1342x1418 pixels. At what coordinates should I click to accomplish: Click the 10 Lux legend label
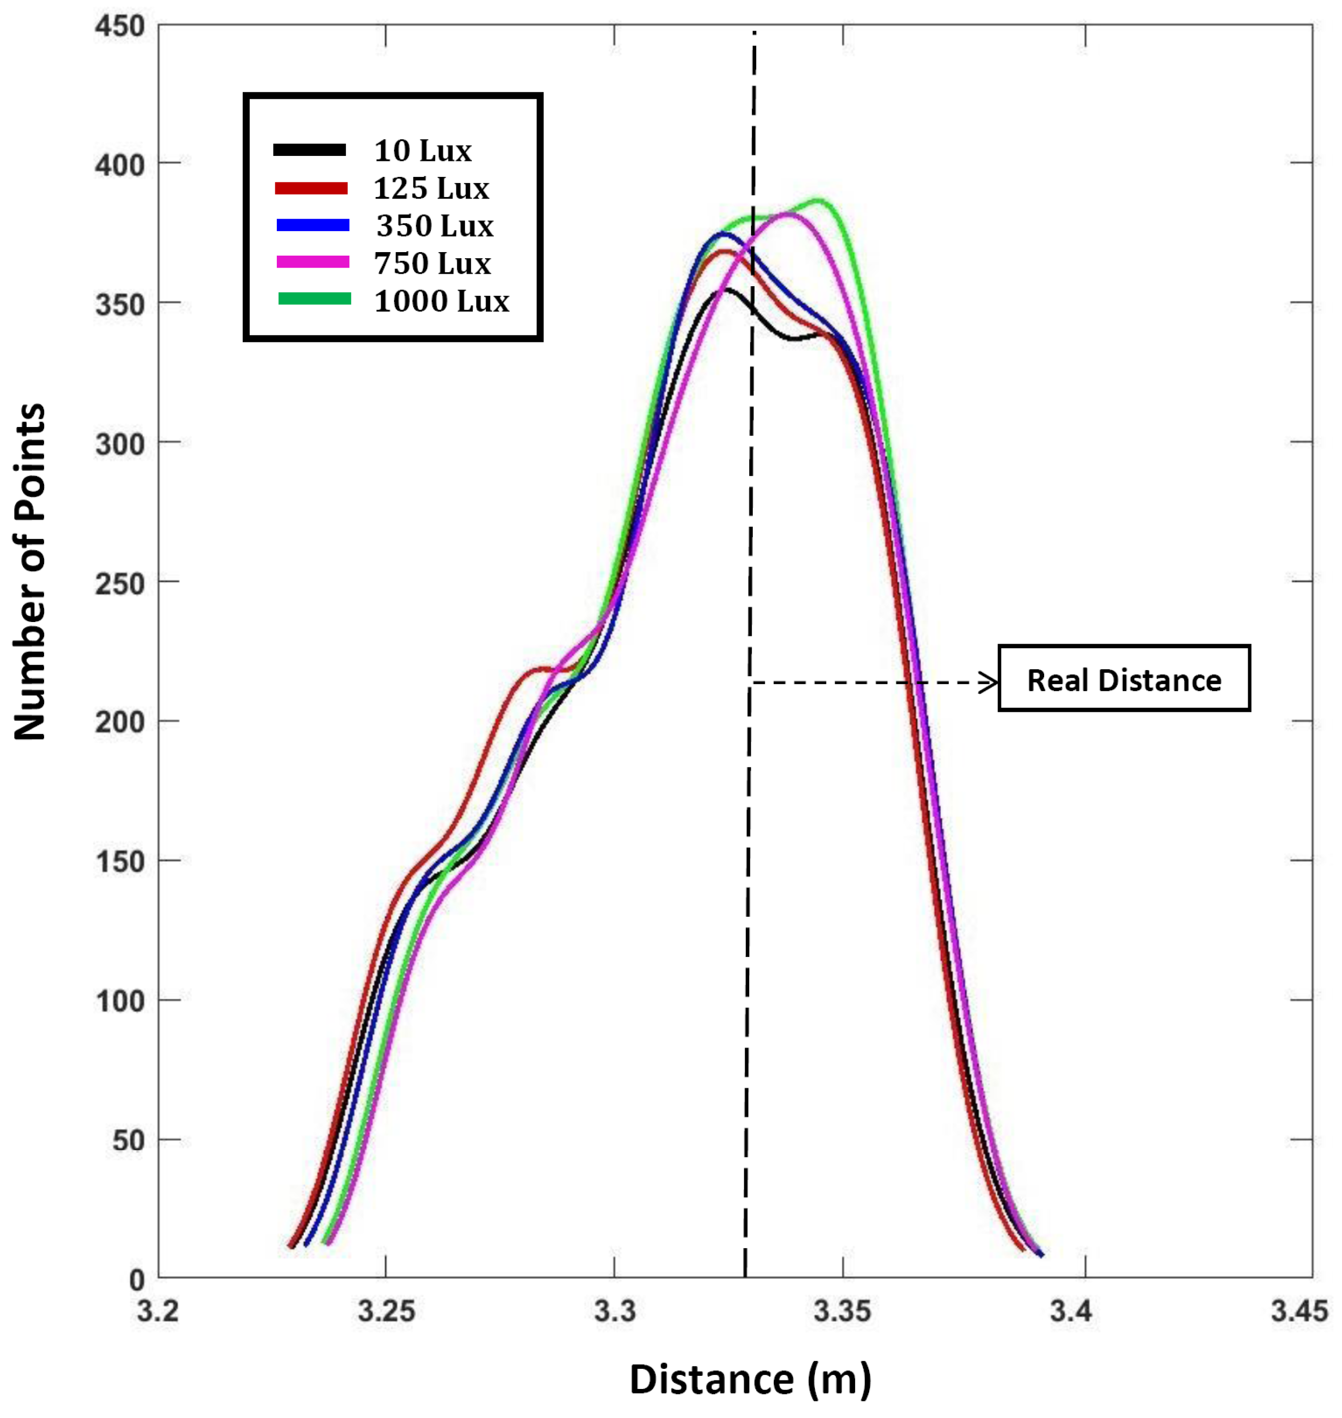click(422, 151)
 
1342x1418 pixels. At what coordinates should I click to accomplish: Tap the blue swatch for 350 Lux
click(312, 225)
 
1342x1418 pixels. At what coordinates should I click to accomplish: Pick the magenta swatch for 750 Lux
click(312, 263)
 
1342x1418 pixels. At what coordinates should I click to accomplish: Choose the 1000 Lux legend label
click(441, 301)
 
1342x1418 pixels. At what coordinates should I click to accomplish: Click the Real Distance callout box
click(1123, 679)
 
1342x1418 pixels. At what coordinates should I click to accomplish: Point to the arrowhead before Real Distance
click(989, 682)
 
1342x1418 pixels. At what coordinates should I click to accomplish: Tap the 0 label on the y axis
click(136, 1280)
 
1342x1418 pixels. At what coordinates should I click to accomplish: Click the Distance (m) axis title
click(750, 1379)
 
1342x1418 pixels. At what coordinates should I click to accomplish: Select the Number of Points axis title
click(30, 572)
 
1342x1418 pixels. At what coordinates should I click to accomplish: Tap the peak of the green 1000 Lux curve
click(820, 201)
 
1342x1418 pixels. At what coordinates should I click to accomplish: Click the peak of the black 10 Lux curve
click(727, 290)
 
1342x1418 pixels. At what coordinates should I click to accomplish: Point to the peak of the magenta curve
click(788, 213)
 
